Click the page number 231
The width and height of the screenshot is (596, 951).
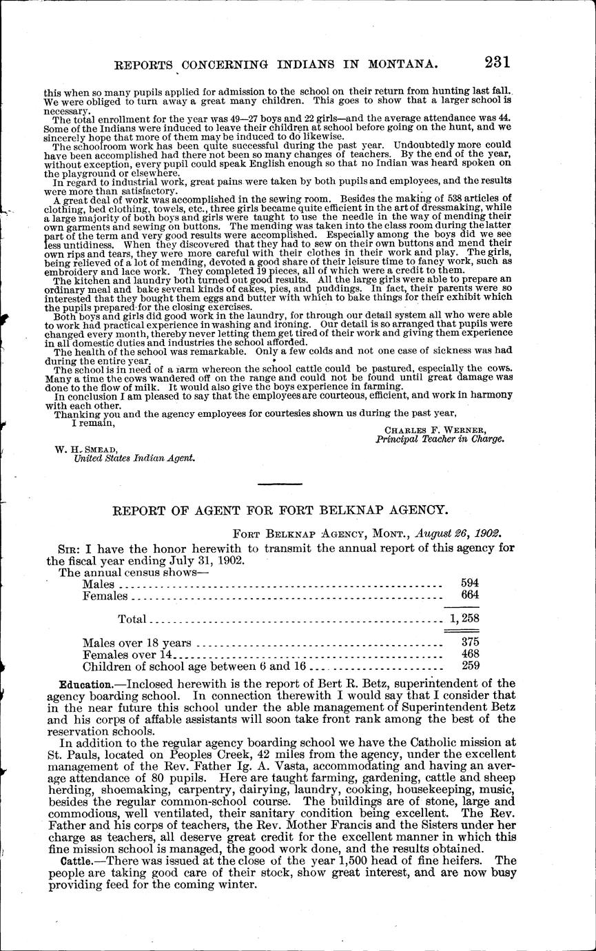pyautogui.click(x=497, y=62)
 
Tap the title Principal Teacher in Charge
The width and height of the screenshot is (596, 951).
pyautogui.click(x=440, y=439)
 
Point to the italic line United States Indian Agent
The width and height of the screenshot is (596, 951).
pyautogui.click(x=134, y=457)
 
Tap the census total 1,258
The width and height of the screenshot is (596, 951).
pyautogui.click(x=464, y=619)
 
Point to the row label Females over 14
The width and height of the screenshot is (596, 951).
pyautogui.click(x=130, y=655)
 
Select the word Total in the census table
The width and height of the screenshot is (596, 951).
pyautogui.click(x=132, y=619)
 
